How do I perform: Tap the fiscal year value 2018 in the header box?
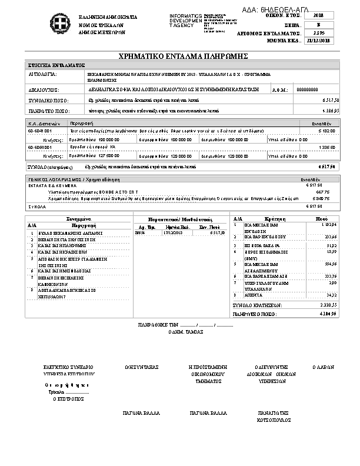(319, 15)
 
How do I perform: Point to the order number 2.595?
(319, 34)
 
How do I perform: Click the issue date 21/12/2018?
(319, 42)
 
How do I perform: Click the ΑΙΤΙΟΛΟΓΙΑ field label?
(42, 75)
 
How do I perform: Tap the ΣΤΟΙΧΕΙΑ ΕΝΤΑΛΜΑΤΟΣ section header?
(57, 65)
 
